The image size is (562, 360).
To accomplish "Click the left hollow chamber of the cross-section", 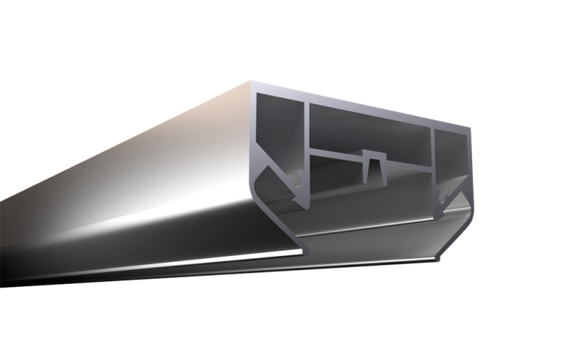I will point(277,130).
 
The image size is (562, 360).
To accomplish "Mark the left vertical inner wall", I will point(307,141).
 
